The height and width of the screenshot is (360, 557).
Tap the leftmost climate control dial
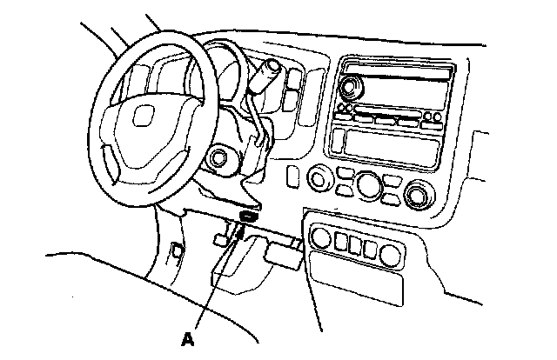pyautogui.click(x=320, y=179)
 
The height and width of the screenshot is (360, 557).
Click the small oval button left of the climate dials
pyautogui.click(x=293, y=177)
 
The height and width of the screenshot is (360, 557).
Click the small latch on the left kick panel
pyautogui.click(x=178, y=252)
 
